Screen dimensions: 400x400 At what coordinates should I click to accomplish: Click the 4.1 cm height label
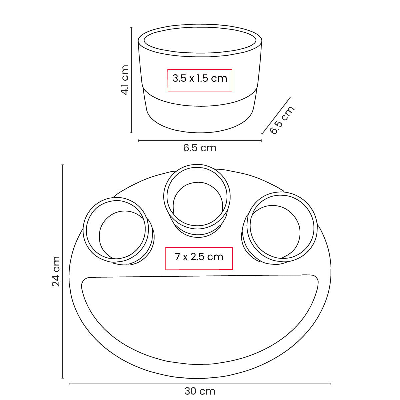[x=125, y=80]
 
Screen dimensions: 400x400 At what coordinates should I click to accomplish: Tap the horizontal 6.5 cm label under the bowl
[x=200, y=148]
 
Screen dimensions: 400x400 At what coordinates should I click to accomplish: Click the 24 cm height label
[x=56, y=271]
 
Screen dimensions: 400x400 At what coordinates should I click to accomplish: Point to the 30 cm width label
[x=200, y=391]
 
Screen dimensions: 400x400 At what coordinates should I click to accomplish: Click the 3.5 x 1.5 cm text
[x=200, y=78]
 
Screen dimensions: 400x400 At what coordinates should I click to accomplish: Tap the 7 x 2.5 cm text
[x=199, y=257]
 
